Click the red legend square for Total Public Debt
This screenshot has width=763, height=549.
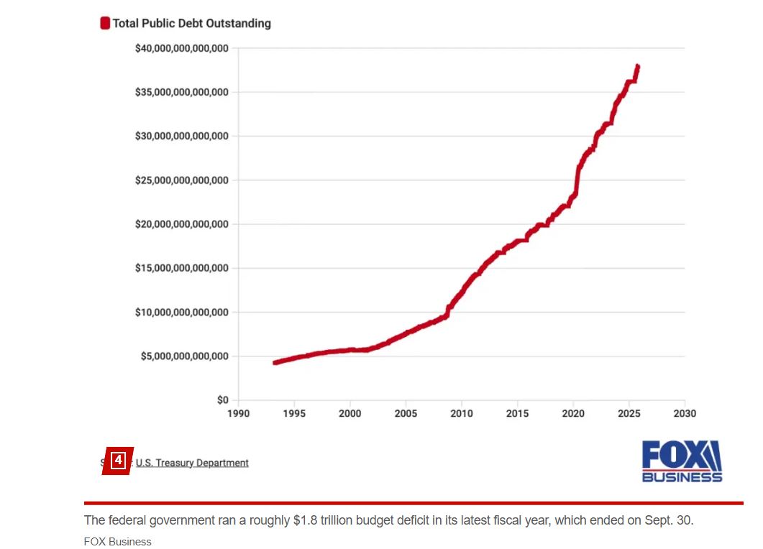[105, 23]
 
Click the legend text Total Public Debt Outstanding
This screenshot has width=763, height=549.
[191, 23]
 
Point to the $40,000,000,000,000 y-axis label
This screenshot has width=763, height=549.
[181, 48]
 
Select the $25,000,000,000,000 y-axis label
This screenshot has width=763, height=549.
[181, 180]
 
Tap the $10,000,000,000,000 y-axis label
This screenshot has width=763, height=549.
[181, 312]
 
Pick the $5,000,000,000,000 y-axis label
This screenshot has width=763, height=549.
[184, 356]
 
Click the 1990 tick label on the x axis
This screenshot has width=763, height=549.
[238, 413]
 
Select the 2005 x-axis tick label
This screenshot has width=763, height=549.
[406, 413]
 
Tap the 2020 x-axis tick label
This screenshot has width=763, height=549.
[573, 413]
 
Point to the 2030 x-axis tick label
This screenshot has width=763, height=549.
[685, 413]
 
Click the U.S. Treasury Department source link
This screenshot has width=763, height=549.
[192, 463]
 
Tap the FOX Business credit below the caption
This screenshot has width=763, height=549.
[118, 541]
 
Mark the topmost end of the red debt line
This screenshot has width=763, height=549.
[637, 67]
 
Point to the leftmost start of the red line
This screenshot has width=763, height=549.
[275, 362]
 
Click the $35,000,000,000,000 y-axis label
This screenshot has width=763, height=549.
[181, 92]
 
